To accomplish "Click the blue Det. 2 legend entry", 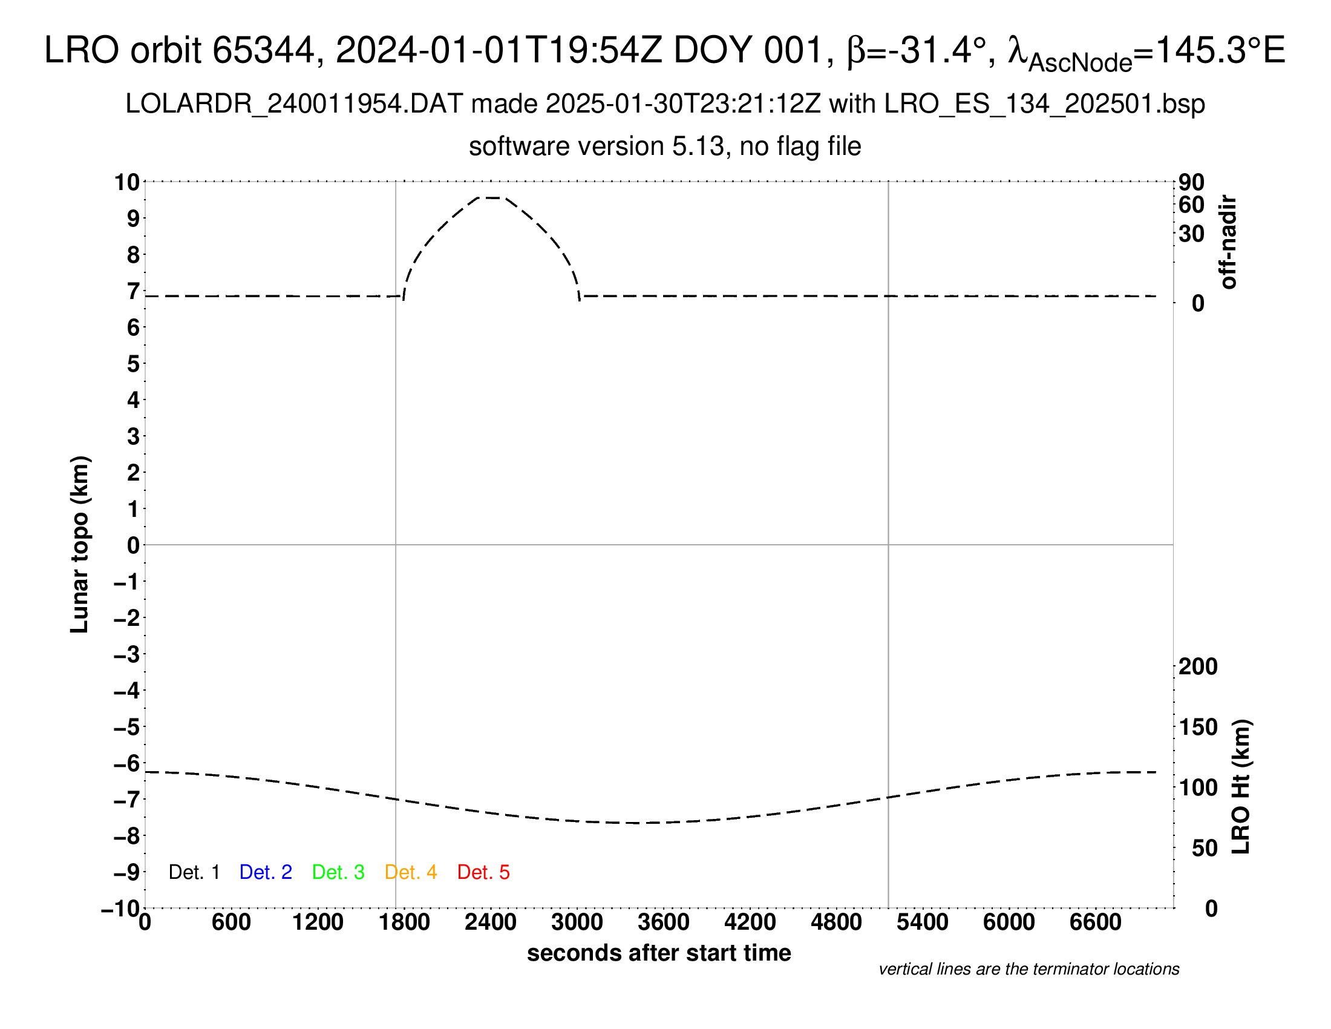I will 266,872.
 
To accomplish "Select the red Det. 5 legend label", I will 483,872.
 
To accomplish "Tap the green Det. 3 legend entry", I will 338,872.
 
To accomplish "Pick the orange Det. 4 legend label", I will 411,872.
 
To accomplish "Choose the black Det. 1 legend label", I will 194,872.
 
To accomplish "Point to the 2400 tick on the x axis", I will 491,922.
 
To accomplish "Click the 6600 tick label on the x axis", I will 1095,922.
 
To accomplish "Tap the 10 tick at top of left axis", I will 128,182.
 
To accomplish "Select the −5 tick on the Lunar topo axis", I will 126,727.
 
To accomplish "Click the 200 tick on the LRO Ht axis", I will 1198,666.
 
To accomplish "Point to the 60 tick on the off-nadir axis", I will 1191,205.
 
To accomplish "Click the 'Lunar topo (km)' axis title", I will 80,544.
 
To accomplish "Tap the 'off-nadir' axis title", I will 1229,242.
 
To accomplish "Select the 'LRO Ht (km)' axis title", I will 1241,787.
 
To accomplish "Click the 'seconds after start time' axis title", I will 659,953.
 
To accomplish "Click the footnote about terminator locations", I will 1028,969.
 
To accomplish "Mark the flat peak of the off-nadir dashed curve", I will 491,197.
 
